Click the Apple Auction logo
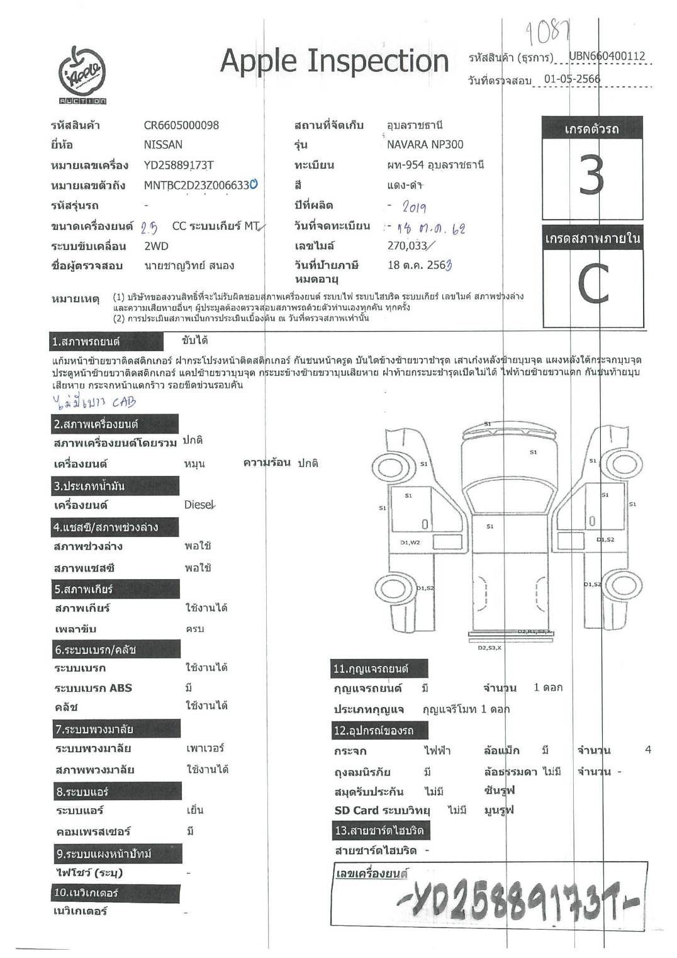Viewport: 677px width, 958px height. coord(82,75)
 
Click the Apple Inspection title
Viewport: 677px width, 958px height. coord(334,62)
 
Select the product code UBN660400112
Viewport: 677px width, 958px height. coord(607,56)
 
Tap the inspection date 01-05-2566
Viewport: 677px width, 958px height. coord(572,79)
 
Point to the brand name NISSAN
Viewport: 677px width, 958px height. coord(163,145)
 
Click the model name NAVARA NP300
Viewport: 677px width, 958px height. coord(425,145)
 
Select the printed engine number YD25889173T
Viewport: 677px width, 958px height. coord(179,165)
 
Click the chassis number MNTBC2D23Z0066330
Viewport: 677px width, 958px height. coord(200,185)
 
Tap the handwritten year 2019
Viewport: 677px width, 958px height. coord(413,207)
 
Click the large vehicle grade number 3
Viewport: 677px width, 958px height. coord(591,176)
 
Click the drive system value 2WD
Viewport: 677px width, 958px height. coord(156,246)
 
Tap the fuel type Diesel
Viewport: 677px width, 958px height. coord(199,505)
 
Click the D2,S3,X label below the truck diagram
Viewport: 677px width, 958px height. coord(489,648)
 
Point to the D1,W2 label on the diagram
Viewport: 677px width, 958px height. coord(410,543)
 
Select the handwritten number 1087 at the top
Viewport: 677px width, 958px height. coord(547,31)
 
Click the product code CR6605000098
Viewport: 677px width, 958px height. coord(181,125)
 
